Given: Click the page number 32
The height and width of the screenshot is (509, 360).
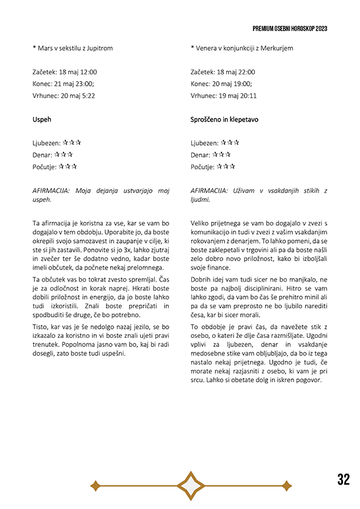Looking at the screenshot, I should click(x=344, y=479).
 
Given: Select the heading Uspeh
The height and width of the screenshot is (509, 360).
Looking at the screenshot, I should click(x=42, y=120).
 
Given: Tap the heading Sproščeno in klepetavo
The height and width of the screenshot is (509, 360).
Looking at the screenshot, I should click(x=224, y=120).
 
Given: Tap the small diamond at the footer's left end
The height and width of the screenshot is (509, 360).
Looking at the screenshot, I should click(x=94, y=485).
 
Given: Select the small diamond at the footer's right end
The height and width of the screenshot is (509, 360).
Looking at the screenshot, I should click(x=287, y=485).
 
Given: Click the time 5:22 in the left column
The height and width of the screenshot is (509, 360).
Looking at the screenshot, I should click(x=88, y=96).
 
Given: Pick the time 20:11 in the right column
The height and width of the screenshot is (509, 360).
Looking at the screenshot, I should click(x=248, y=96).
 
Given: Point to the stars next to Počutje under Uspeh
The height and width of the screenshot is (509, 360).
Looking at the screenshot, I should click(x=68, y=166).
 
